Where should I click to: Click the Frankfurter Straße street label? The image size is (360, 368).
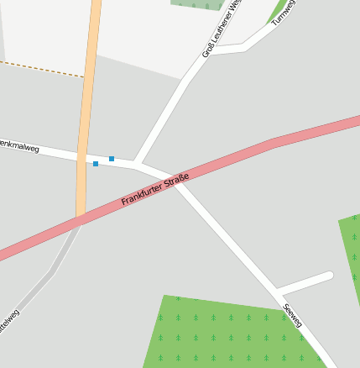click(x=155, y=190)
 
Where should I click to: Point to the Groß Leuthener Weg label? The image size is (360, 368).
click(x=222, y=29)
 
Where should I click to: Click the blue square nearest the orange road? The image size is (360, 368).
click(x=96, y=163)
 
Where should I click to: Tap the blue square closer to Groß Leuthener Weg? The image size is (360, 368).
click(x=112, y=159)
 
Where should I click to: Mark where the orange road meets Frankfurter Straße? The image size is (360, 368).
click(x=81, y=220)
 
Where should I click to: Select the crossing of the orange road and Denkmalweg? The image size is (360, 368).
click(x=82, y=156)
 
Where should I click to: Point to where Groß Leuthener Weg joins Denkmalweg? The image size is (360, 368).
click(x=136, y=163)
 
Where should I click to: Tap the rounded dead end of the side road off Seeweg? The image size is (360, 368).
click(x=328, y=276)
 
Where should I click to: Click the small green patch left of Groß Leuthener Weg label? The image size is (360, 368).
click(x=198, y=4)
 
